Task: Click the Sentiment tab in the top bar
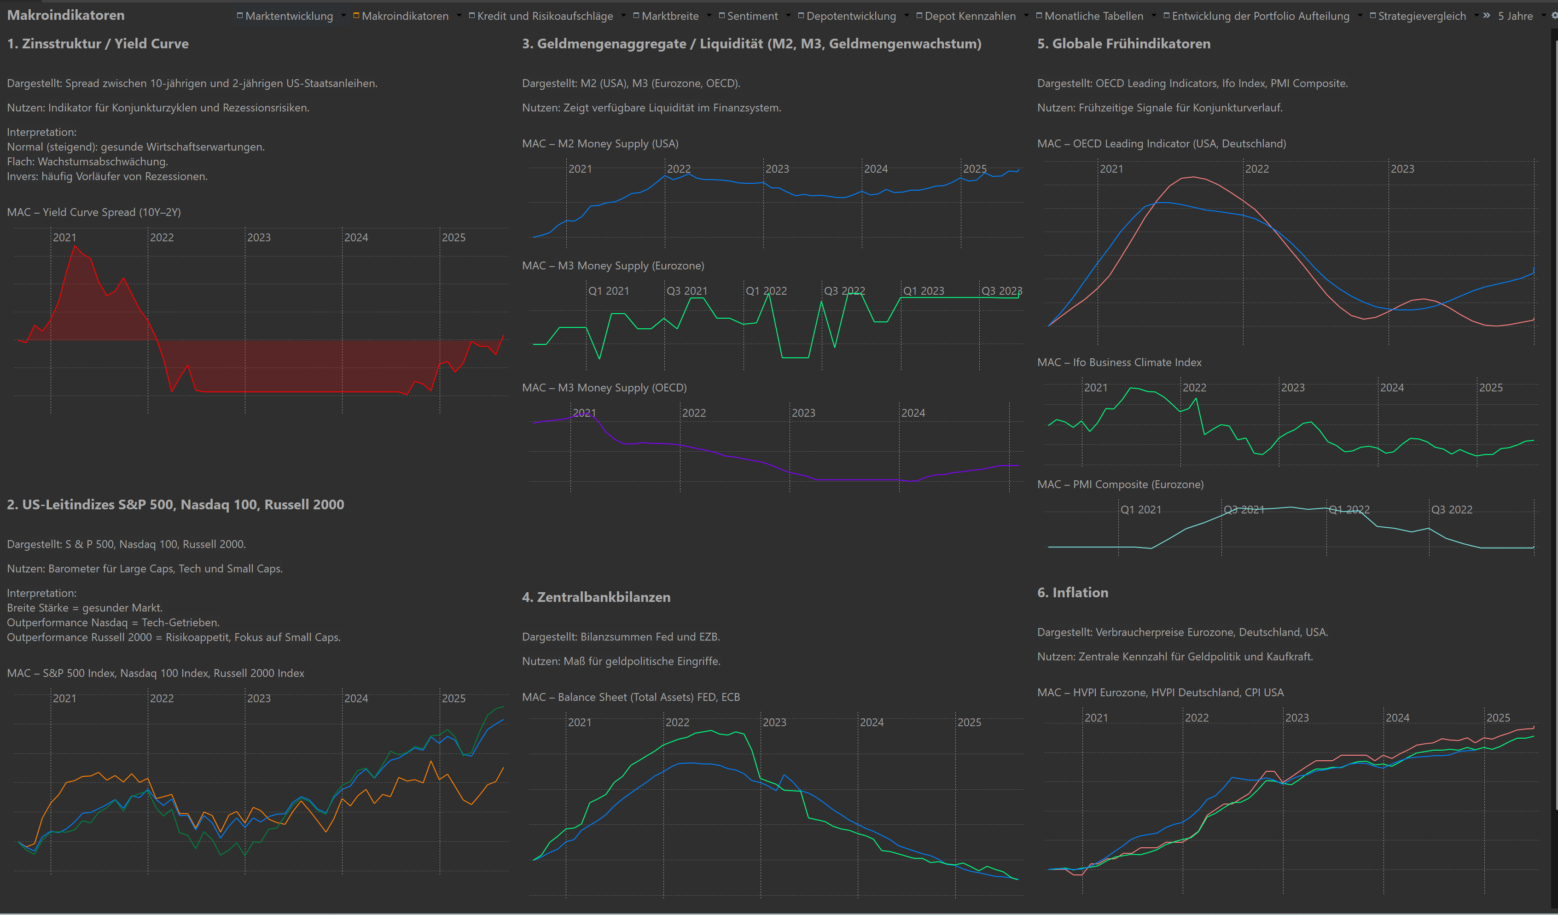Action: pyautogui.click(x=752, y=16)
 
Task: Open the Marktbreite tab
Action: pyautogui.click(x=669, y=16)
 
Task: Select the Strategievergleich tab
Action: pyautogui.click(x=1421, y=16)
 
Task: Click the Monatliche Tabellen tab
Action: pyautogui.click(x=1093, y=16)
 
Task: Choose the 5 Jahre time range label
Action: pyautogui.click(x=1515, y=16)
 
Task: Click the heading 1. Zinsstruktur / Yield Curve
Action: pyautogui.click(x=98, y=44)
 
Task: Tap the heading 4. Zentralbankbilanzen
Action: pyautogui.click(x=596, y=597)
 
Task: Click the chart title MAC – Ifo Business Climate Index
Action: pyautogui.click(x=1119, y=362)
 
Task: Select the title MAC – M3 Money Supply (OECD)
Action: pyautogui.click(x=604, y=388)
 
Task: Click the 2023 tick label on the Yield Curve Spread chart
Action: pyautogui.click(x=259, y=238)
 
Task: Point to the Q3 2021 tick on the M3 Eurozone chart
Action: pyautogui.click(x=687, y=291)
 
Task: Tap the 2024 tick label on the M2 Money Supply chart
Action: pyautogui.click(x=875, y=169)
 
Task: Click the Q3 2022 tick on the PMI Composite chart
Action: pyautogui.click(x=1452, y=509)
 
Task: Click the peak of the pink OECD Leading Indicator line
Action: pyautogui.click(x=1192, y=177)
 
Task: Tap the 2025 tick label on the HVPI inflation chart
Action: pyautogui.click(x=1498, y=718)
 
